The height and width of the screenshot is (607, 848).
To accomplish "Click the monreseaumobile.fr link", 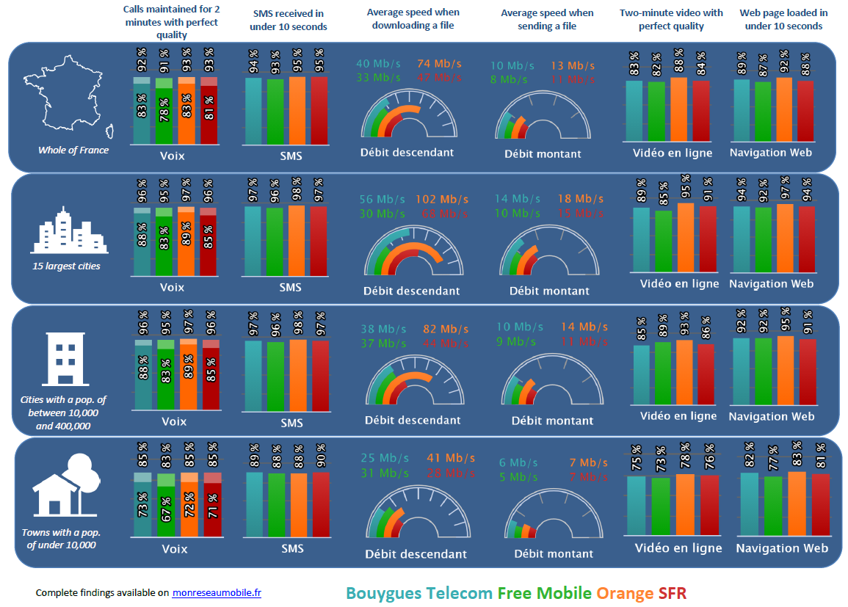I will tap(217, 592).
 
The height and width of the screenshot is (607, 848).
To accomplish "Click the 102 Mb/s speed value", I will tap(442, 199).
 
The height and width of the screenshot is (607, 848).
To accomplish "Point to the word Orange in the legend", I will tap(624, 592).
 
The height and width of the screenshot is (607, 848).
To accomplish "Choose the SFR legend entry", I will tap(673, 592).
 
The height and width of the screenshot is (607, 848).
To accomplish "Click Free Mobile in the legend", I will tap(544, 592).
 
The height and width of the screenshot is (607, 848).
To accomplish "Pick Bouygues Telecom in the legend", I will tap(418, 592).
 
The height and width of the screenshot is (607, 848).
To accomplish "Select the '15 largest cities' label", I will tap(66, 266).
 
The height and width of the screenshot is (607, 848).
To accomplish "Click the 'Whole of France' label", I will tap(73, 150).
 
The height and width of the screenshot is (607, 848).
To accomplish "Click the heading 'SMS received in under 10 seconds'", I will tap(290, 20).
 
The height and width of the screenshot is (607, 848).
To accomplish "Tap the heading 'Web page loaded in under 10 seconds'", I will tap(783, 19).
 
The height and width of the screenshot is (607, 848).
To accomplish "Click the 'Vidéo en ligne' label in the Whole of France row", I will tap(673, 153).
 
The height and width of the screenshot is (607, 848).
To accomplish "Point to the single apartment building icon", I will tap(65, 360).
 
